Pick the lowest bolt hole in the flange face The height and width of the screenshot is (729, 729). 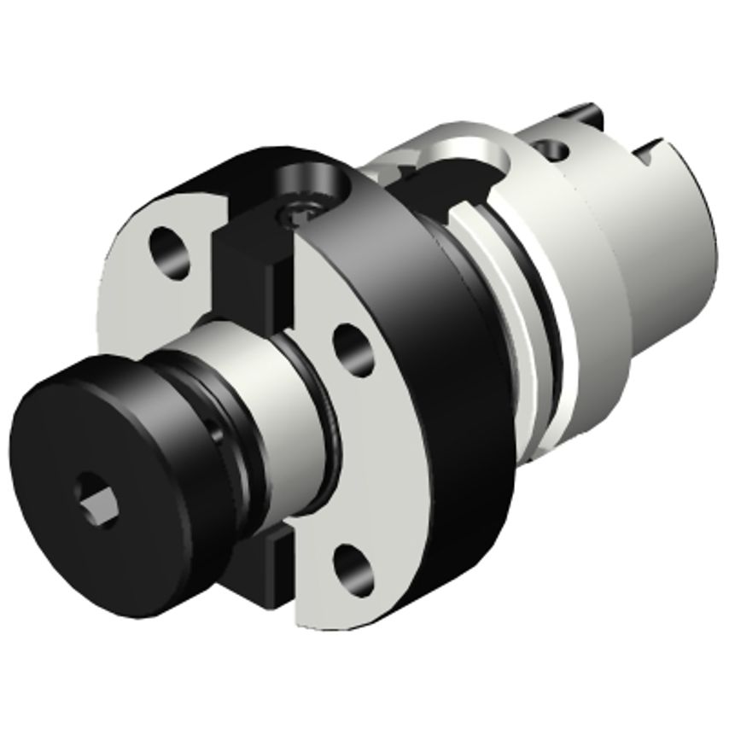[x=350, y=565]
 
